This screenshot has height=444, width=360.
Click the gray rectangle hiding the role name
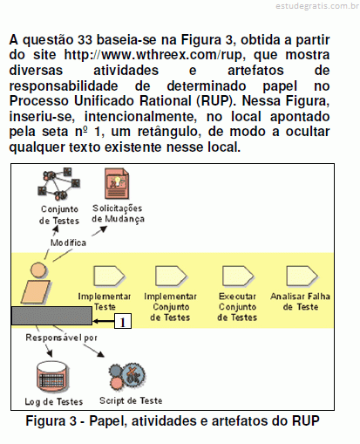coord(51,316)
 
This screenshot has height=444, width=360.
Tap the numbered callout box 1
coord(123,321)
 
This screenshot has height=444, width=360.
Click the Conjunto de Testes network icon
coord(59,184)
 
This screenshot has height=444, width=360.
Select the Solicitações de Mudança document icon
coord(117,184)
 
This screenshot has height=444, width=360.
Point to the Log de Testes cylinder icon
coord(52,378)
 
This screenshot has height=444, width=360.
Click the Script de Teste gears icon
coord(127,377)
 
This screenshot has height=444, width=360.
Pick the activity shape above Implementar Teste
coord(109,276)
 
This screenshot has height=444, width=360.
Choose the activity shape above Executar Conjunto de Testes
coord(238,276)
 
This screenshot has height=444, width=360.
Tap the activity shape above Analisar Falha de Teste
coord(302,276)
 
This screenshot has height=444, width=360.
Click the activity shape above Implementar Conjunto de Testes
coord(171,276)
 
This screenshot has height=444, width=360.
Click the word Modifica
coord(68,242)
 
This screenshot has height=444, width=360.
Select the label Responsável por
coord(61,338)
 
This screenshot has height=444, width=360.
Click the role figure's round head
coord(38,270)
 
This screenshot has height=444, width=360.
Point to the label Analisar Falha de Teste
coord(300,302)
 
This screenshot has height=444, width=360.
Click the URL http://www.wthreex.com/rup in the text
coord(153,55)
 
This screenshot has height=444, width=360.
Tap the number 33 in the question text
coord(85,39)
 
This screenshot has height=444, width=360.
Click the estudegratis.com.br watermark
coord(317,6)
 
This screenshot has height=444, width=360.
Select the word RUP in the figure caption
coord(306,420)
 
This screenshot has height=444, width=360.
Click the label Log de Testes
coord(54,402)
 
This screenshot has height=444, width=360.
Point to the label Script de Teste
coord(131,400)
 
